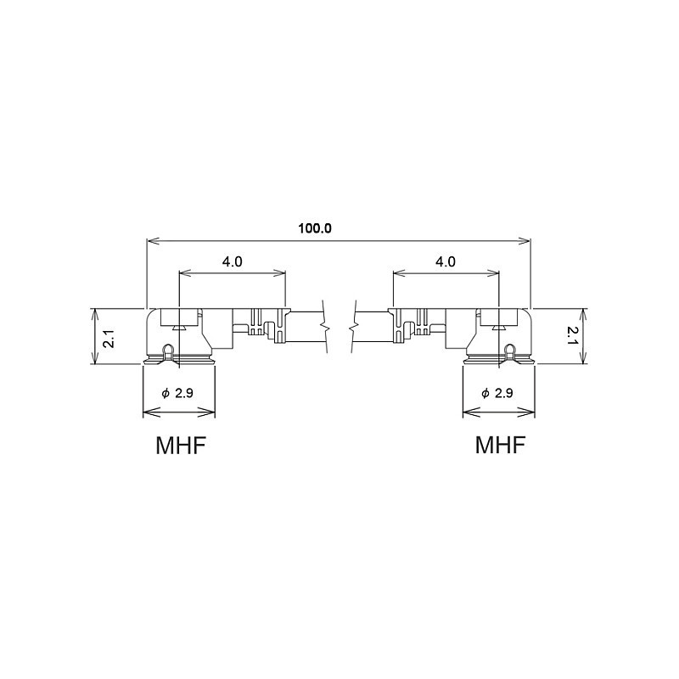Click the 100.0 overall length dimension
[315, 228]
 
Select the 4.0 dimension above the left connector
[232, 261]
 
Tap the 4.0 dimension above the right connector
[445, 261]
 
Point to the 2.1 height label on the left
[109, 338]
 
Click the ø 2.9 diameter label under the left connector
[177, 393]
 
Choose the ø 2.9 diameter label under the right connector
[497, 393]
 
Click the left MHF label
[180, 445]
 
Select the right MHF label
[500, 444]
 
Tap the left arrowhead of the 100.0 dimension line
[154, 241]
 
